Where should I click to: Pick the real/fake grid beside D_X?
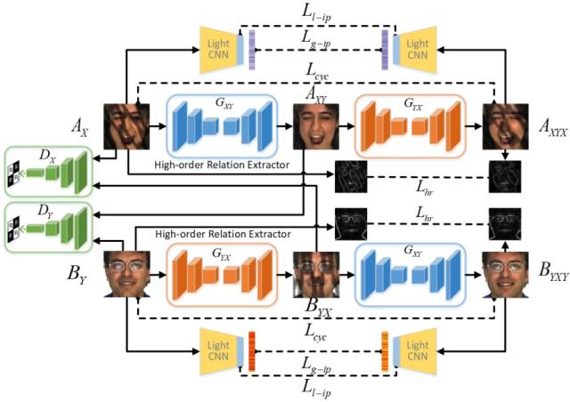(x=14, y=168)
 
